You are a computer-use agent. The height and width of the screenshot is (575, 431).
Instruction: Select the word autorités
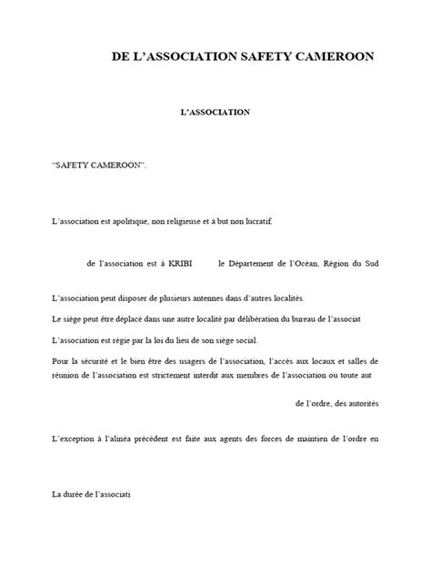point(361,402)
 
